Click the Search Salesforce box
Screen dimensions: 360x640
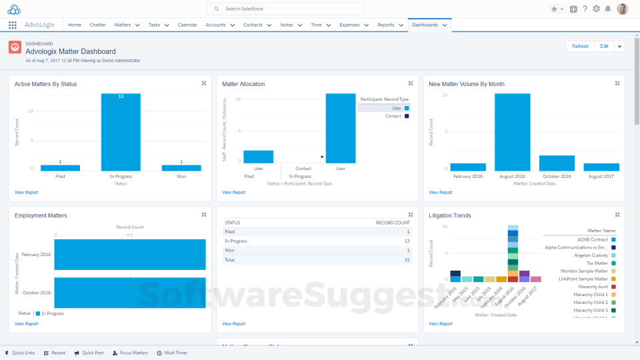tap(285, 9)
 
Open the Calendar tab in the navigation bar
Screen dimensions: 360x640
tap(187, 25)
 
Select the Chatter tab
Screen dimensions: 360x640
tap(97, 25)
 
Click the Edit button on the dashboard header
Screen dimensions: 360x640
tap(604, 47)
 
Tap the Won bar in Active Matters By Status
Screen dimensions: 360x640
tap(181, 168)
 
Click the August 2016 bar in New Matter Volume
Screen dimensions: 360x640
tap(512, 132)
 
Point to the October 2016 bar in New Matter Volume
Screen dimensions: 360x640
tap(557, 163)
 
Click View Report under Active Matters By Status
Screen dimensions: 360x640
tap(26, 192)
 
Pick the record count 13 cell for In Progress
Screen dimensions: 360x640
tap(407, 241)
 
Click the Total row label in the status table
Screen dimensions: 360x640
tap(230, 259)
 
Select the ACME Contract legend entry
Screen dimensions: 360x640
tap(593, 239)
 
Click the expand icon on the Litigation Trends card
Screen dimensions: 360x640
tap(617, 215)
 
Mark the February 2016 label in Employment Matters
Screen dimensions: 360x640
tap(36, 255)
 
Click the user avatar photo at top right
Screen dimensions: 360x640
tap(622, 9)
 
